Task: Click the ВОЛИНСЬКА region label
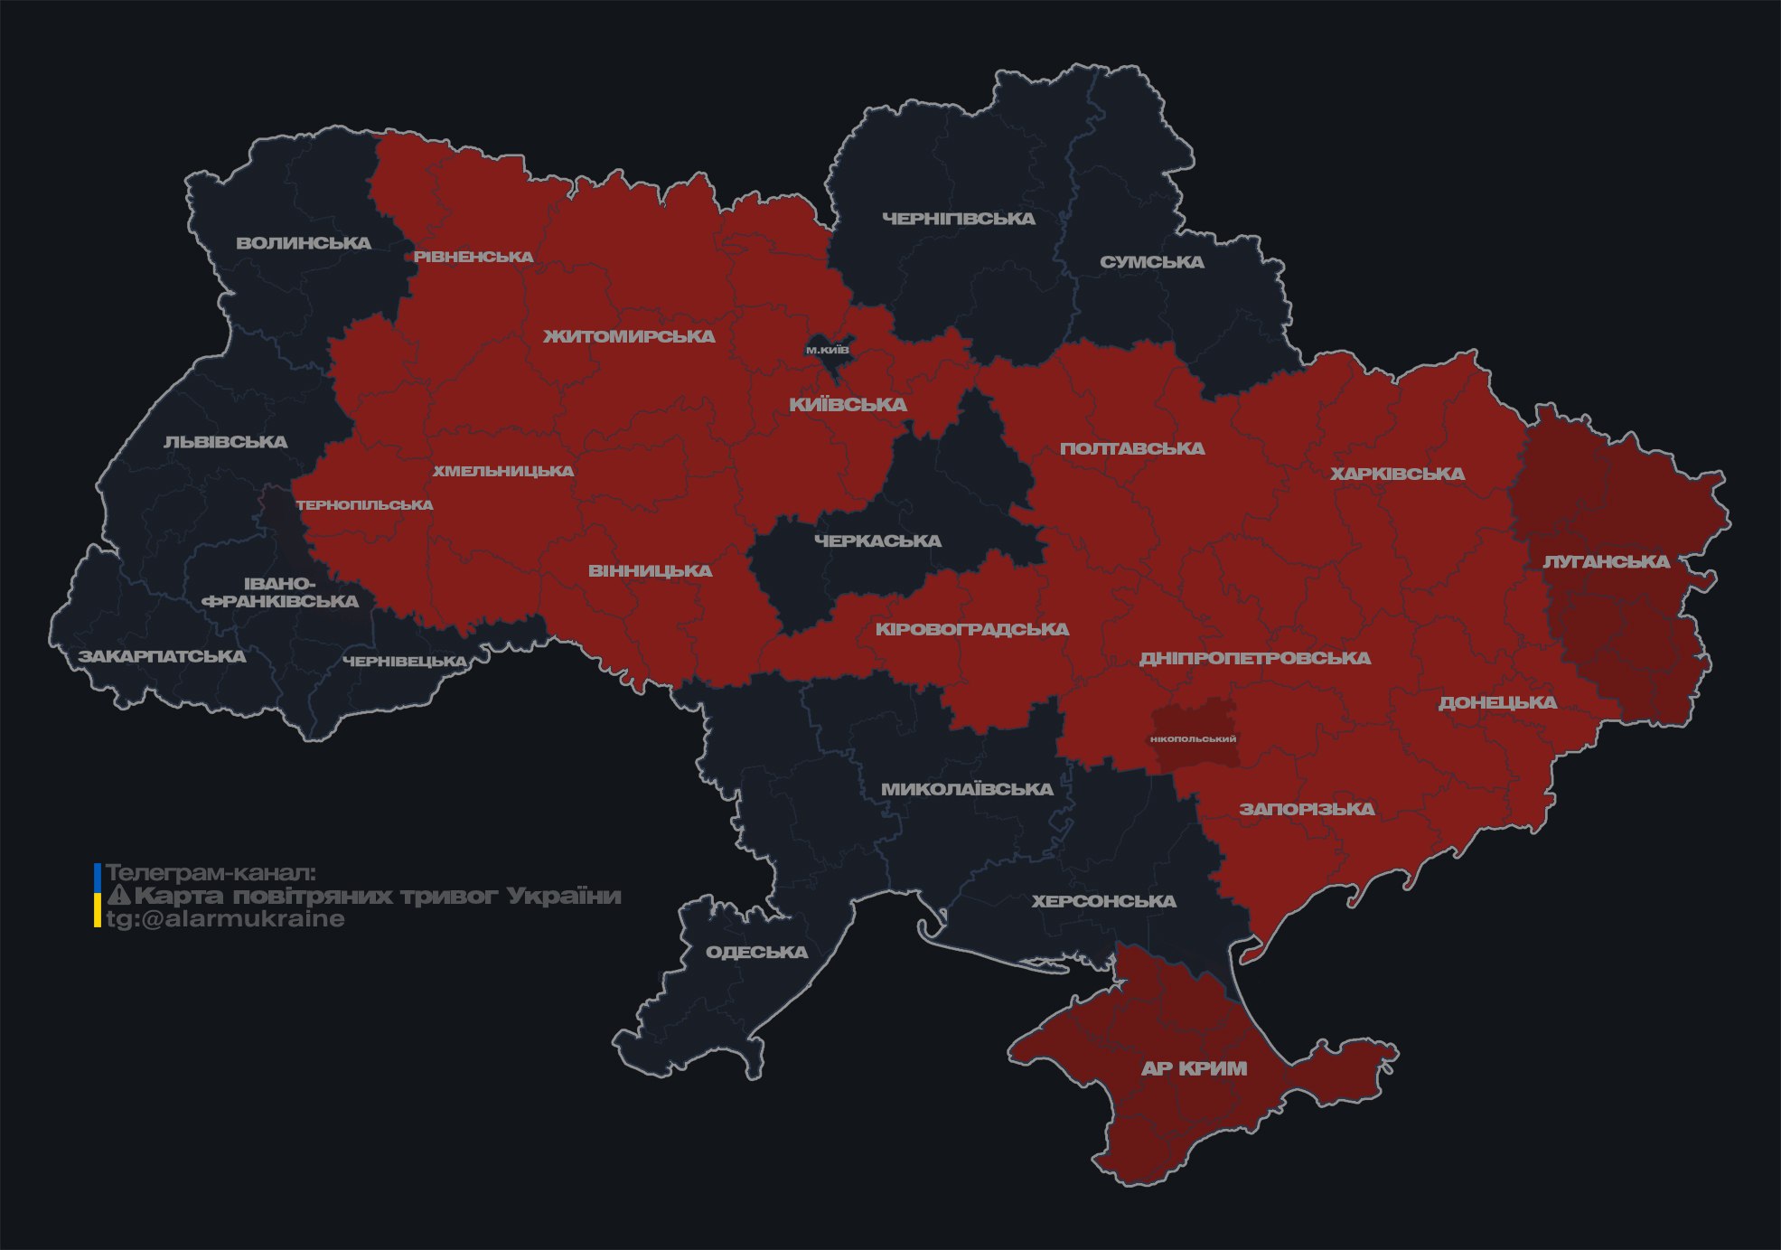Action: (x=304, y=243)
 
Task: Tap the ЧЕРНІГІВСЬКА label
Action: (x=958, y=219)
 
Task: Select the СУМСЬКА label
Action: (x=1151, y=262)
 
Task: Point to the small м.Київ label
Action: (x=827, y=350)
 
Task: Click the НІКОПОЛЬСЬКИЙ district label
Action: (x=1193, y=738)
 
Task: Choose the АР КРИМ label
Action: (x=1194, y=1068)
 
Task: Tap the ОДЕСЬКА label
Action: (x=756, y=952)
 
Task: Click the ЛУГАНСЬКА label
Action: (x=1606, y=561)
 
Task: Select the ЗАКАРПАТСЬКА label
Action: (x=162, y=656)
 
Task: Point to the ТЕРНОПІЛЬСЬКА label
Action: (x=364, y=505)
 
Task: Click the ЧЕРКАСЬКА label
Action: (x=877, y=540)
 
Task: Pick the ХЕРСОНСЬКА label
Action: (x=1103, y=901)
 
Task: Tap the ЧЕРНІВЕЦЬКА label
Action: (x=404, y=662)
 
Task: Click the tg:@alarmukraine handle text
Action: (x=225, y=919)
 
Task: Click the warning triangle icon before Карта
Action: (x=118, y=896)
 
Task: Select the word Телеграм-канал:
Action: (x=211, y=873)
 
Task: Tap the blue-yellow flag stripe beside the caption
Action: (x=98, y=896)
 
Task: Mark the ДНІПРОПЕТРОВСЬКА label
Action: (x=1254, y=658)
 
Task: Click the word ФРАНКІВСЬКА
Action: (x=280, y=601)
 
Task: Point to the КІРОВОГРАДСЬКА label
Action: (x=971, y=629)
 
